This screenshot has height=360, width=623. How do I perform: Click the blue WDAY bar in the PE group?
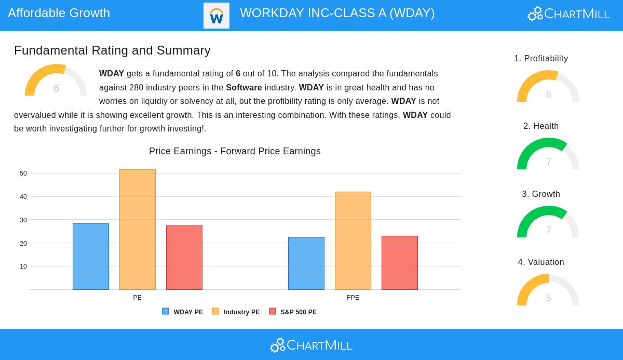[x=91, y=257]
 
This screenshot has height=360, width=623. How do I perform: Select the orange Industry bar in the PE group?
[x=138, y=230]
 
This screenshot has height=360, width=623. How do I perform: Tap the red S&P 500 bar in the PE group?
[x=184, y=258]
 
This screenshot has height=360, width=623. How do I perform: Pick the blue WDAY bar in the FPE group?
[x=306, y=263]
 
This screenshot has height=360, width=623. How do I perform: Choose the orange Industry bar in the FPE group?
[x=353, y=241]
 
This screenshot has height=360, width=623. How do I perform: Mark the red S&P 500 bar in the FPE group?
[x=400, y=263]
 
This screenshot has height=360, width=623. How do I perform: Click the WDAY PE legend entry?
[x=183, y=312]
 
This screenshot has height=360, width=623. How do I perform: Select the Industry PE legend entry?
[x=236, y=312]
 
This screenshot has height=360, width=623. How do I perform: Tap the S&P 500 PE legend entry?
[x=293, y=312]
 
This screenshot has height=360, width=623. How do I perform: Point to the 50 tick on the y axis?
[x=23, y=174]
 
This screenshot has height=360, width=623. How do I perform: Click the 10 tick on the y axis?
[x=23, y=266]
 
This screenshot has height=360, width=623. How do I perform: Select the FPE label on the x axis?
[x=353, y=298]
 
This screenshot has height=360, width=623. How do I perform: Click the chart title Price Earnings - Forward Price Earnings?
[x=235, y=151]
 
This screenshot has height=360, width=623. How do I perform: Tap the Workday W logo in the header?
[x=216, y=16]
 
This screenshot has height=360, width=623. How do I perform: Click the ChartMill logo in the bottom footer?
[x=311, y=345]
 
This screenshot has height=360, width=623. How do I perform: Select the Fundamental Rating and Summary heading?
[x=112, y=50]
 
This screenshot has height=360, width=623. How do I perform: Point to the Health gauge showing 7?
[x=548, y=155]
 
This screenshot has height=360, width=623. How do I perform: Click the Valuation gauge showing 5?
[x=548, y=291]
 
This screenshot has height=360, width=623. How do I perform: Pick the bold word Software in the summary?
[x=243, y=87]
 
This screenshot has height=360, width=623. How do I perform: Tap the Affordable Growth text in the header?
[x=59, y=13]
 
